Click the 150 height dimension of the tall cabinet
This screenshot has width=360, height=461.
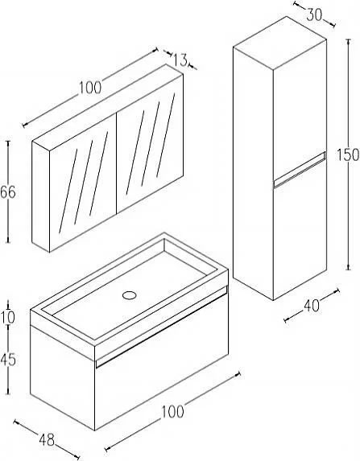348,154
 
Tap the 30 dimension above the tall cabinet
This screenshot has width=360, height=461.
314,15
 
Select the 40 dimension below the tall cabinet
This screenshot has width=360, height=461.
312,306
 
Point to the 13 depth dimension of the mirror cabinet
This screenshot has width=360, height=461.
180,60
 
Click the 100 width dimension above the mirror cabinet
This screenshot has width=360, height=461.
90,88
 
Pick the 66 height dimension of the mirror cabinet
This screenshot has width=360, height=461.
8,192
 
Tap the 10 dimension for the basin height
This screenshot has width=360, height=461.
7,318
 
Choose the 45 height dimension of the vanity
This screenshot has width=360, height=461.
8,360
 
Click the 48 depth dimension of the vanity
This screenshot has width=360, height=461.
47,440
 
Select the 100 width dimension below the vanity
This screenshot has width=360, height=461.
173,412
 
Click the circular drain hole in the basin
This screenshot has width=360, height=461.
129,295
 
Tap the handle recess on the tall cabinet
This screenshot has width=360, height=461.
300,169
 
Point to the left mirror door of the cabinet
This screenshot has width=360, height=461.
83,183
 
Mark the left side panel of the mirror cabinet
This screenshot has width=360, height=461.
40,197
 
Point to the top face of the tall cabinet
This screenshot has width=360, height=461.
280,43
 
